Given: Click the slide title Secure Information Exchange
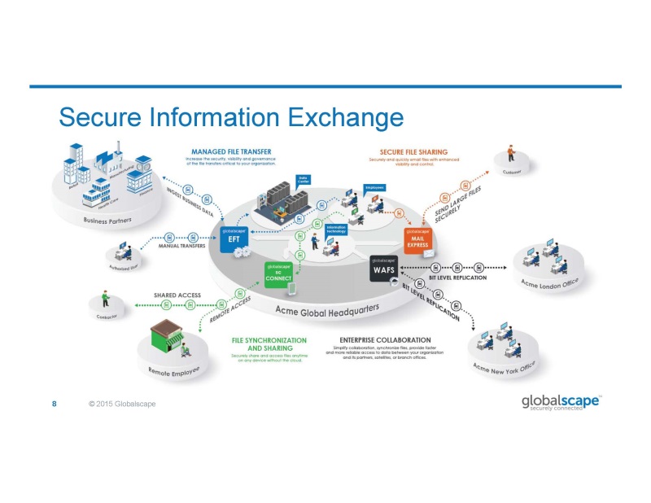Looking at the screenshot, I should (x=231, y=117).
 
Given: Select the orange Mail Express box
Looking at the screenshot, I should (x=418, y=238).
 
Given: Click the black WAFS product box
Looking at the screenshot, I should (x=384, y=268).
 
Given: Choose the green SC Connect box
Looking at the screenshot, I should (x=278, y=272).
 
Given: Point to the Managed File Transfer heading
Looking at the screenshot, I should (x=232, y=151).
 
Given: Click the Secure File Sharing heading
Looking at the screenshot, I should (x=414, y=151).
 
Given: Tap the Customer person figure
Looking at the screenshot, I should (x=512, y=151).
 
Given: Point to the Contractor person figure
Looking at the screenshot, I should (x=105, y=299).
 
